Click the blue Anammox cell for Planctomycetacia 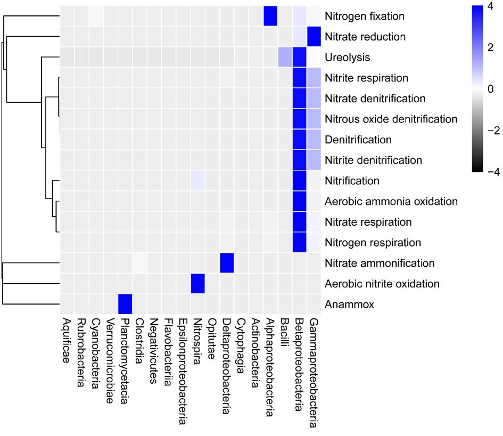point(125,304)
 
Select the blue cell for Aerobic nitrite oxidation point(198,283)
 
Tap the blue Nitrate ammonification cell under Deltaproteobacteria point(227,263)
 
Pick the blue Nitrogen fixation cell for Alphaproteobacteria point(271,16)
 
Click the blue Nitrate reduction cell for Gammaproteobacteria point(315,37)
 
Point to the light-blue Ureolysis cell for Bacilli point(285,57)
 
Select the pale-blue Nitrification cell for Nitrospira point(198,180)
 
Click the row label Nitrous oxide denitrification point(391,119)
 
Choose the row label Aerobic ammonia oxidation point(391,201)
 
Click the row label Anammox point(343,305)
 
